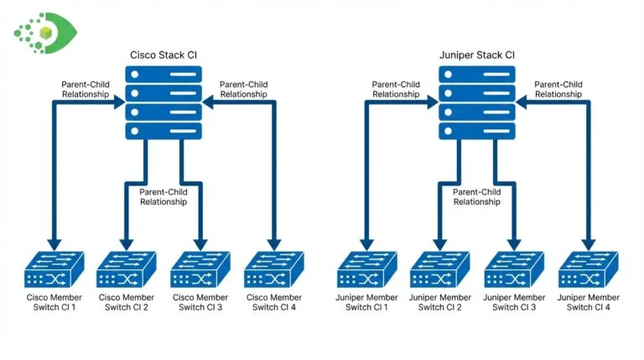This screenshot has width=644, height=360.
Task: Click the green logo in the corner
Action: pos(44,32)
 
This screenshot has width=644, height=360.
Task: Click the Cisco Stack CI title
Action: pos(164,55)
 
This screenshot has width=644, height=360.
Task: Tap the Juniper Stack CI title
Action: pos(477,55)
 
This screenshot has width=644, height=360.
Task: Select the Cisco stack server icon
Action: pos(164,102)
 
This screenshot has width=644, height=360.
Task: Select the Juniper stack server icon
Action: pos(477,102)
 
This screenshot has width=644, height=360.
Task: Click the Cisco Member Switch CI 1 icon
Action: pos(53,269)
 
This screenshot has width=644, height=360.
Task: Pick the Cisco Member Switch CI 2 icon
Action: pos(127,269)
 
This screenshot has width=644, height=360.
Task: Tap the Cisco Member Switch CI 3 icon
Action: pos(200,269)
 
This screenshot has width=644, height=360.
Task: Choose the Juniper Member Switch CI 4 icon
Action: pos(588,269)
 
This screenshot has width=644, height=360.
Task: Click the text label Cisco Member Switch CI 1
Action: pos(53,302)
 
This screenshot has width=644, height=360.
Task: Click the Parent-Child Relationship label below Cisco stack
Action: pos(164,196)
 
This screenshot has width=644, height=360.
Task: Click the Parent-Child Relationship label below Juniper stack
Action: pos(477,196)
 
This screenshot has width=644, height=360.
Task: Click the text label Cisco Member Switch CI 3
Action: pos(200,302)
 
